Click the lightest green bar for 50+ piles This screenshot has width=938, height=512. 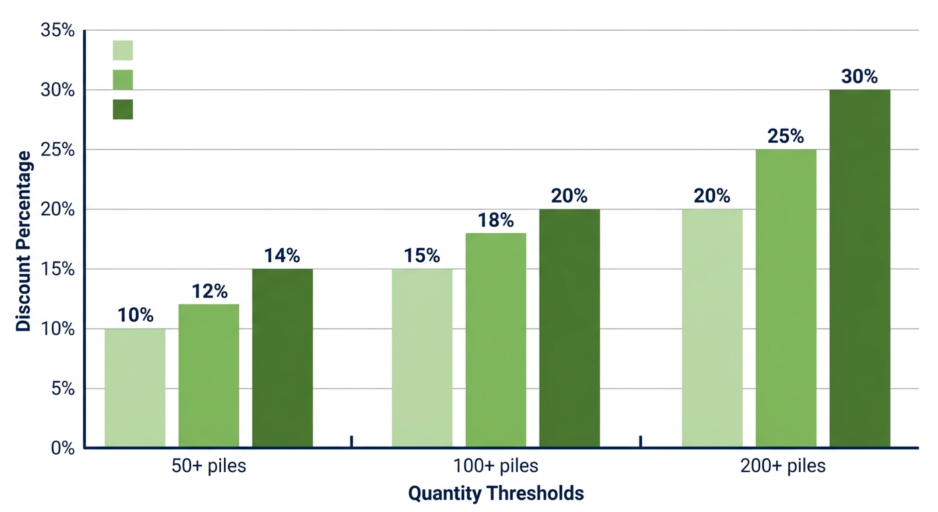click(x=135, y=387)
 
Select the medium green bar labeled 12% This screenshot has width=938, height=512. click(x=209, y=375)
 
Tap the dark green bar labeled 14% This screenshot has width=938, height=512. click(x=282, y=358)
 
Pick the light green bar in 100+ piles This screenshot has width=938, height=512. click(x=422, y=358)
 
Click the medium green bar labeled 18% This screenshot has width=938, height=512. click(x=496, y=340)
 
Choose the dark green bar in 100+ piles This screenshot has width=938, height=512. click(x=569, y=328)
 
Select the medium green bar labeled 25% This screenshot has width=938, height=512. click(x=785, y=298)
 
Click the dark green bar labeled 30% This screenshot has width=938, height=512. click(x=859, y=268)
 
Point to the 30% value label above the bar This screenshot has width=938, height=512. click(x=859, y=77)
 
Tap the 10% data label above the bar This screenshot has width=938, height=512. click(x=135, y=315)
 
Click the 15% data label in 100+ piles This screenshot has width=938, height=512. click(x=422, y=255)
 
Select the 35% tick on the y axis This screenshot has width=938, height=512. click(x=58, y=31)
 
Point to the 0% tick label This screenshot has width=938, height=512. click(x=62, y=448)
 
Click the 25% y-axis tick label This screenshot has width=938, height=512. click(x=58, y=150)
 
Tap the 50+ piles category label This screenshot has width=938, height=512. click(x=209, y=466)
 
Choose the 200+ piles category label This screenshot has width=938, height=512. click(x=783, y=466)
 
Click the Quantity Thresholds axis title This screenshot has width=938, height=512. click(x=496, y=494)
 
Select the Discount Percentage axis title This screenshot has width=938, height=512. click(x=24, y=241)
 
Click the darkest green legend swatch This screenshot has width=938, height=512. click(x=123, y=109)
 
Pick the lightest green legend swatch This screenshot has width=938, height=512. click(x=123, y=50)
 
